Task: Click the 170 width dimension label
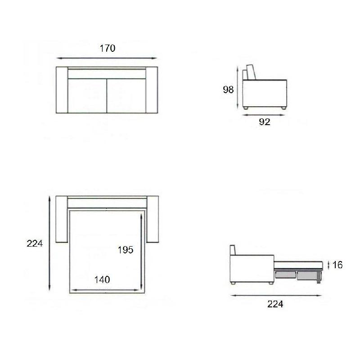tap(107, 49)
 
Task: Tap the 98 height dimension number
tap(228, 90)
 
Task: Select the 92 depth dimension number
tap(265, 121)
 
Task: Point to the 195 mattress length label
tap(126, 250)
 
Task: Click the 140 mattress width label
tap(102, 279)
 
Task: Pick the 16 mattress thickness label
tap(337, 265)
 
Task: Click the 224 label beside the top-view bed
tap(35, 243)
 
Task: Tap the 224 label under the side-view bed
tap(275, 304)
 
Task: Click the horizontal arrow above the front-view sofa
tap(107, 58)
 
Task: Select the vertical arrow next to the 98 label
tap(237, 87)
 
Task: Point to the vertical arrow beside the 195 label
tap(142, 252)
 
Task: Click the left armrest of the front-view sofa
tap(62, 90)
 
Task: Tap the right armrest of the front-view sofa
tap(153, 90)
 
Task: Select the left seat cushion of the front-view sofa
tap(87, 95)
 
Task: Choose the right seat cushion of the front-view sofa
tap(126, 95)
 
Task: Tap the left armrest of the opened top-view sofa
tap(61, 220)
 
